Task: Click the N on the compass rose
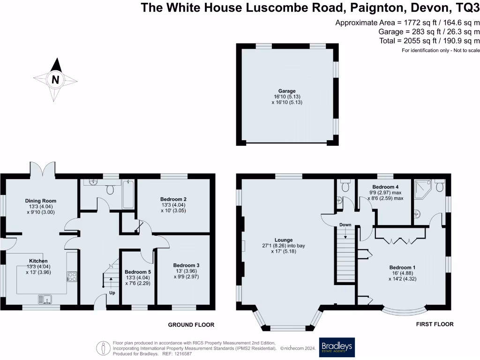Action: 55,80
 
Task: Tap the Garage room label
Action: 285,91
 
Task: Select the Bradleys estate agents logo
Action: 337,347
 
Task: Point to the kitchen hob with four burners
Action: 72,277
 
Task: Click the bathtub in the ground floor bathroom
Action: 128,195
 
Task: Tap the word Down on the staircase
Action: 345,225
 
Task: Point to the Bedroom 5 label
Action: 138,271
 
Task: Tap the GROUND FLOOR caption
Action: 191,324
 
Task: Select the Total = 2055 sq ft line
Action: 429,41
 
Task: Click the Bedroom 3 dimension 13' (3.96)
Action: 186,271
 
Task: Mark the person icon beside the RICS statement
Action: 103,348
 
